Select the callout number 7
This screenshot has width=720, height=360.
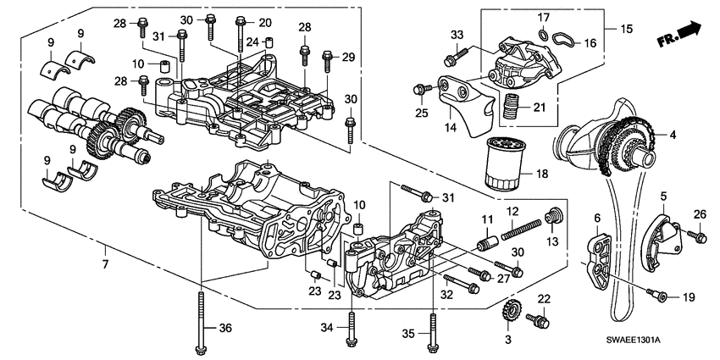tap(105, 250)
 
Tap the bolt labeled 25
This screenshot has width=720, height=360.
tap(418, 89)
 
